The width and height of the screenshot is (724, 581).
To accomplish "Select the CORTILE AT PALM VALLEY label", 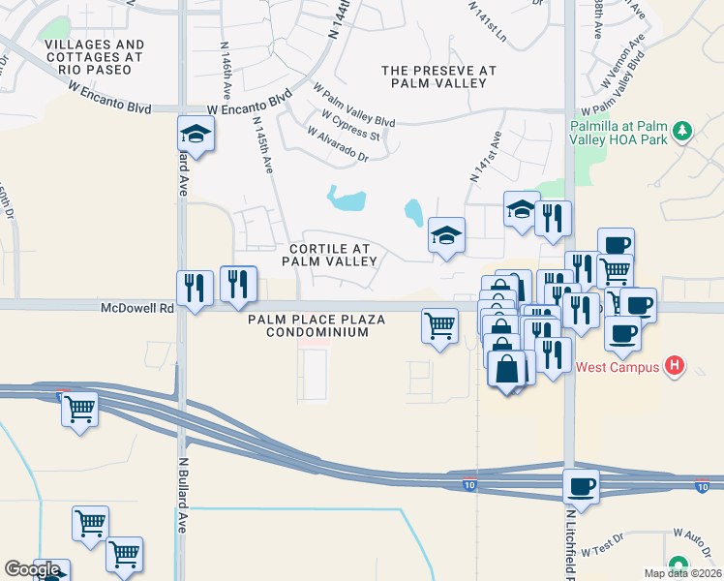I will tap(329, 255).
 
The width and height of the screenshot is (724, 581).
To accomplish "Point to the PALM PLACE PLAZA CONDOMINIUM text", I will tap(317, 325).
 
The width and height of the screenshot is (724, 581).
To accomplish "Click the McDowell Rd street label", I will tap(136, 308).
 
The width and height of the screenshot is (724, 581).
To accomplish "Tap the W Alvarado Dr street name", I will tap(338, 144).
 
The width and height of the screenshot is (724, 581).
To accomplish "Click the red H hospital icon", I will tap(676, 366).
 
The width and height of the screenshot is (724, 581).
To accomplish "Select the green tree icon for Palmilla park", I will tap(682, 130).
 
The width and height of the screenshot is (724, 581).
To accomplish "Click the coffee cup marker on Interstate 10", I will tap(581, 485).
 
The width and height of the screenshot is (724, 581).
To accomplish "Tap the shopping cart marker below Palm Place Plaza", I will tap(439, 324).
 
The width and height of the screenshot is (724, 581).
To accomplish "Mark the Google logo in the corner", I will tap(31, 569).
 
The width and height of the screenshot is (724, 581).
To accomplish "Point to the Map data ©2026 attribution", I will tap(683, 573).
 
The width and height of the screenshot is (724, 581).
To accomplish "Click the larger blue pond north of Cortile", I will tap(347, 200).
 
